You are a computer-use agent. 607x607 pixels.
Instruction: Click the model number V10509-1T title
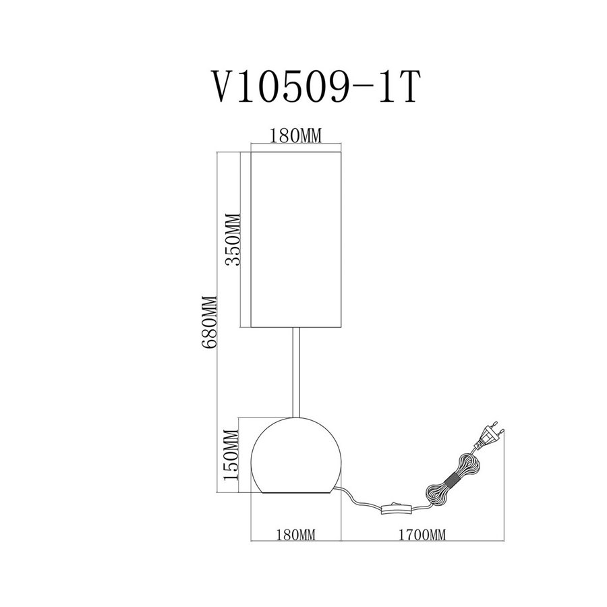coord(316,86)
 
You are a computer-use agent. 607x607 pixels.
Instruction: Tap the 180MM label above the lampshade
coord(296,136)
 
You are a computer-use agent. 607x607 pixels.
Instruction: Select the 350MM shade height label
coord(233,239)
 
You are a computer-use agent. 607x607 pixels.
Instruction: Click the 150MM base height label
coord(231,455)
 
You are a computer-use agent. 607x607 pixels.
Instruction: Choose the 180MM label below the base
coord(296,535)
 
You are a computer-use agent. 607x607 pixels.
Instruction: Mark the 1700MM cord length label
coord(422,535)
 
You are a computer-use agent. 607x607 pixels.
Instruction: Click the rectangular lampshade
coord(296,239)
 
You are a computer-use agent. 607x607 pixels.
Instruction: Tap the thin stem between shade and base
coord(296,372)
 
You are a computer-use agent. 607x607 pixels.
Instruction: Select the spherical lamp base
coord(296,455)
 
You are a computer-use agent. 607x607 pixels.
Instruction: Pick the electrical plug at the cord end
coord(488,436)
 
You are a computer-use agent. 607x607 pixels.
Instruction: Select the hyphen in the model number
coord(364,88)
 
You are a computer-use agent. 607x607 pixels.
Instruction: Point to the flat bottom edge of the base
coord(296,493)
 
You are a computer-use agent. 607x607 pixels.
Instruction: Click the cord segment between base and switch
coord(359,498)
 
